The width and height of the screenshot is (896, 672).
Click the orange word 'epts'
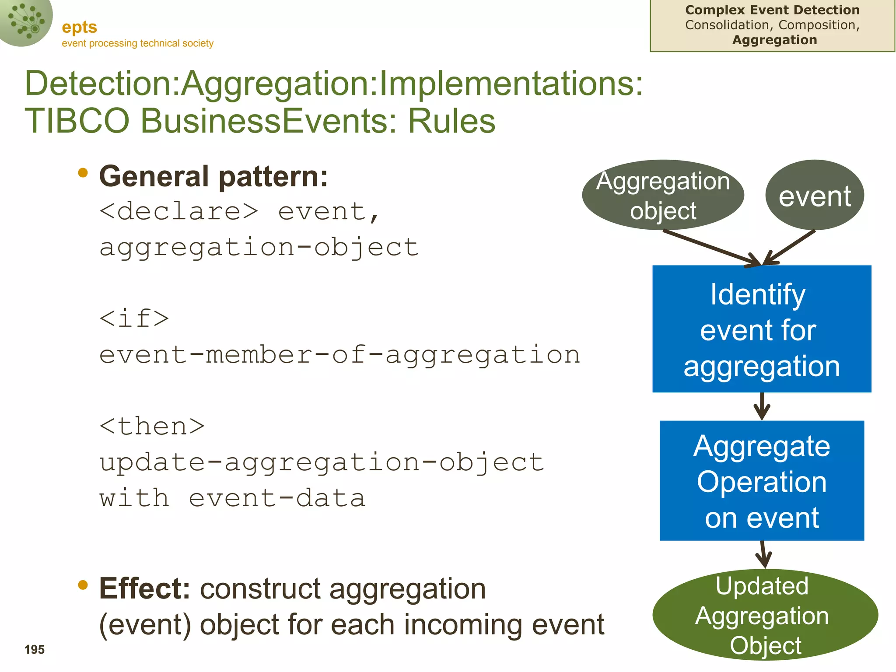pos(79,28)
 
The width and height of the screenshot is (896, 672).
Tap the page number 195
pos(35,650)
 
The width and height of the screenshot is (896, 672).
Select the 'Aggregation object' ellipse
pos(663,195)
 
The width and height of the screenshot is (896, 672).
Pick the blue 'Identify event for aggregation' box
pos(762,329)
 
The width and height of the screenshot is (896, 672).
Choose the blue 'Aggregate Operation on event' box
pos(762,481)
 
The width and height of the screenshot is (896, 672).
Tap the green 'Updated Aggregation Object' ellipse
pos(765,615)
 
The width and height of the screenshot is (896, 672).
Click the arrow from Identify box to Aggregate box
pos(762,406)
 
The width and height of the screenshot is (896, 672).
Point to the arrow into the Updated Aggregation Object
pos(763,554)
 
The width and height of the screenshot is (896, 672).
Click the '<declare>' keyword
pos(178,212)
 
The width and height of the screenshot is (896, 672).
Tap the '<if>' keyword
pos(134,318)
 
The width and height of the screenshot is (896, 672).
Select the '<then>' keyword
pos(152,426)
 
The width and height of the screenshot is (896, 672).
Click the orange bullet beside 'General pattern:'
pos(82,173)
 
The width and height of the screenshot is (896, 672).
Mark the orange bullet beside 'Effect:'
pos(82,585)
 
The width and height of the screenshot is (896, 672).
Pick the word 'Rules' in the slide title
pos(451,121)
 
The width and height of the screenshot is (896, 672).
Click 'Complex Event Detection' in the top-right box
pos(772,10)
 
